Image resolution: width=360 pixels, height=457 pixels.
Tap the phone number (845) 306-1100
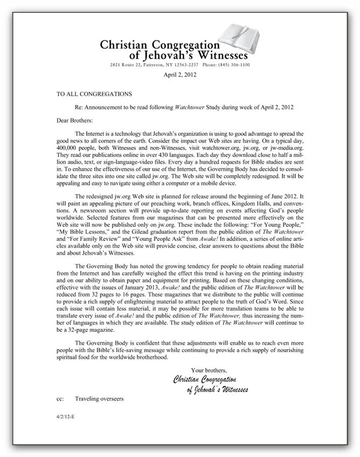(232, 65)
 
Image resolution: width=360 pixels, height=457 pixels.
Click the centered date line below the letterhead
(180, 75)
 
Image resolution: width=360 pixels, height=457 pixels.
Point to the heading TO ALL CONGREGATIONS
(94, 94)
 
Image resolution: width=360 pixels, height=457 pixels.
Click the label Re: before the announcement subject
(80, 107)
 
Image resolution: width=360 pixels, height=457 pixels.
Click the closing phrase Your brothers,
(209, 370)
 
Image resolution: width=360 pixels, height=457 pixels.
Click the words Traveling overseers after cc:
(100, 399)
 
